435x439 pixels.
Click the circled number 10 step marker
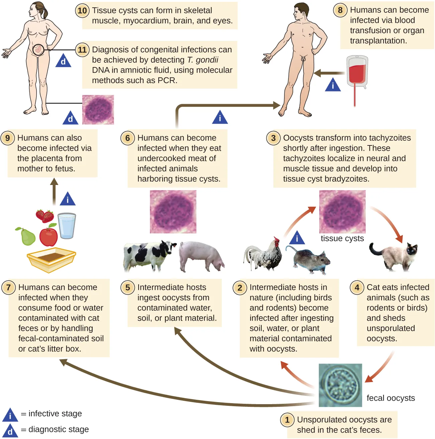tap(82, 11)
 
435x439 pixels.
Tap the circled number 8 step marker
tap(340, 10)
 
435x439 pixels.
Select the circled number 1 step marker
tap(287, 420)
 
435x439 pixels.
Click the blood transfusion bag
tap(357, 72)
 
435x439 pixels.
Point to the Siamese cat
tap(394, 256)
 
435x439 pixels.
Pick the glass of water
tap(67, 226)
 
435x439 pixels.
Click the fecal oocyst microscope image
tap(340, 385)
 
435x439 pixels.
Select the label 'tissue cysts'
tap(342, 238)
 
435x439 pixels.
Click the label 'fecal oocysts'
tap(390, 398)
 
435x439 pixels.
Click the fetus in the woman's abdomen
tap(38, 50)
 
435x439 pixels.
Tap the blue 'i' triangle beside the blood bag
tap(333, 86)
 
